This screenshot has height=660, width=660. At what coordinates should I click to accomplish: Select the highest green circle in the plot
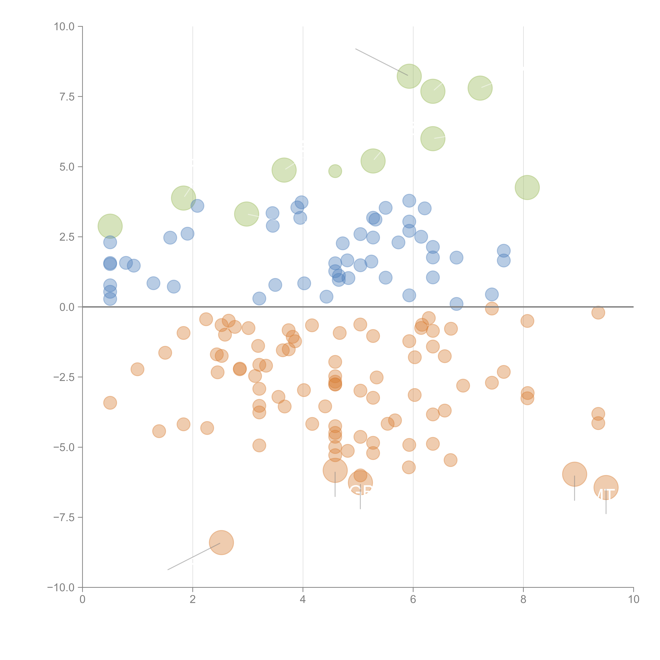(x=409, y=76)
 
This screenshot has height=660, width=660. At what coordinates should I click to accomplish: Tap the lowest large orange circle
(x=221, y=543)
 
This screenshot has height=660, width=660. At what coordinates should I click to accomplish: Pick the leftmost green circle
(x=110, y=226)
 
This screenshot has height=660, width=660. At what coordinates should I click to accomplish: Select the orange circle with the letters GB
(x=360, y=483)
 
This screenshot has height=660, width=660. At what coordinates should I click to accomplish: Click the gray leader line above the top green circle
(x=381, y=62)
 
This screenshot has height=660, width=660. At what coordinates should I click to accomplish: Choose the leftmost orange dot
(x=110, y=403)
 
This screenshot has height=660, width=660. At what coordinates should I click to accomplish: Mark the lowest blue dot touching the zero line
(x=456, y=304)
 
